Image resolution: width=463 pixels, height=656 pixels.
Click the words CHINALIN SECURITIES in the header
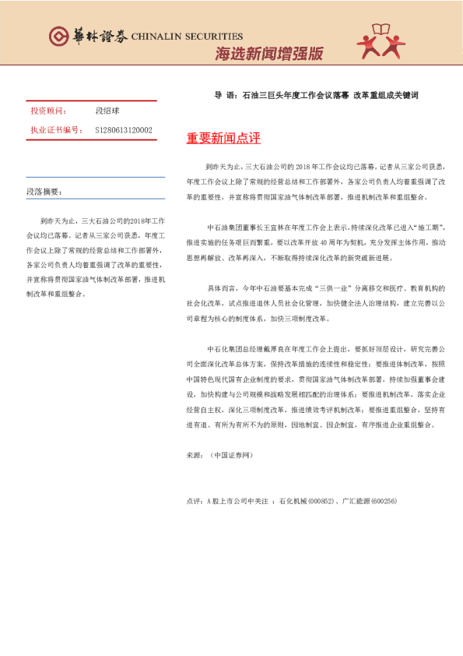pos(187,36)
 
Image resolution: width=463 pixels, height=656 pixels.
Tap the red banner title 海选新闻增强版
pos(268,55)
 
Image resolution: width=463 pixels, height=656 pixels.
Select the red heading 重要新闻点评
pos(223,139)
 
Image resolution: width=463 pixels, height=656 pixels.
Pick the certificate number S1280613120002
pos(124,130)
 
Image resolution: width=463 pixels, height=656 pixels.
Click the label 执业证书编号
pos(55,130)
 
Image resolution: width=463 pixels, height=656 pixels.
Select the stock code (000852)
pos(321,500)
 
